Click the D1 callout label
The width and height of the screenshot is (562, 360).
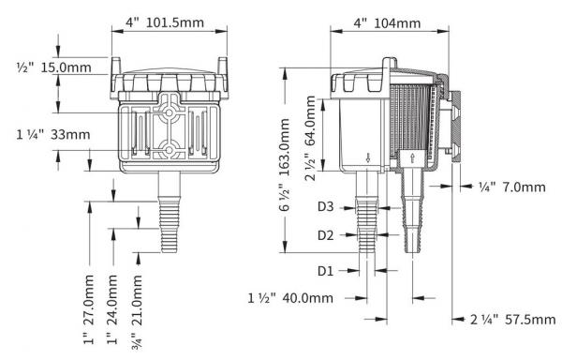coord(325,271)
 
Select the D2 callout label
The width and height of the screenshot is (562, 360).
coord(325,235)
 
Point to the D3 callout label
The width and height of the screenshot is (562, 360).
coord(325,203)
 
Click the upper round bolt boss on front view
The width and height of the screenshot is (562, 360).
coord(170,110)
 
